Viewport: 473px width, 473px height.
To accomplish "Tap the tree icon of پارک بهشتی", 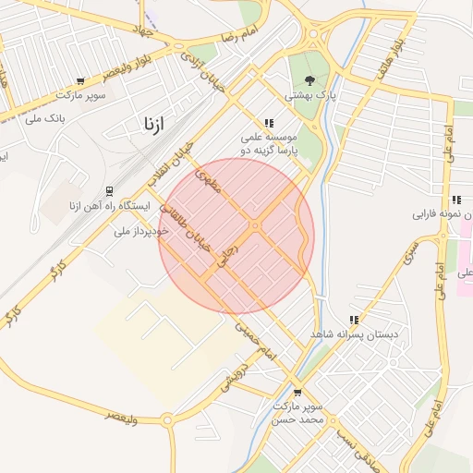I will [309, 79].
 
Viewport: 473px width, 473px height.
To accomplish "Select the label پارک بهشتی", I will [309, 95].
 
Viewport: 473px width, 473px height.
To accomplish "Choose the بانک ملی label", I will [45, 117].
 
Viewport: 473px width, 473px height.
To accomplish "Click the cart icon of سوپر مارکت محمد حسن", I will [297, 391].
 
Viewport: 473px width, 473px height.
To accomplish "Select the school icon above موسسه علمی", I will [269, 122].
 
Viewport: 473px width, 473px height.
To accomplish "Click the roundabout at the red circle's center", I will [254, 226].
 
